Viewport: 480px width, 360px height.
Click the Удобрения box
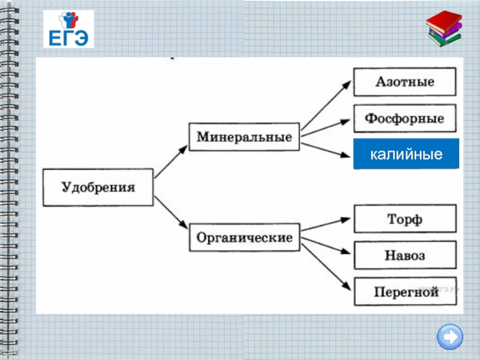pyautogui.click(x=98, y=188)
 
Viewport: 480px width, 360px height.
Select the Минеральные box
pyautogui.click(x=244, y=137)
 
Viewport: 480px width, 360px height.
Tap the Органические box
pyautogui.click(x=244, y=238)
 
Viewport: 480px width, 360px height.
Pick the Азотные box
pyautogui.click(x=404, y=82)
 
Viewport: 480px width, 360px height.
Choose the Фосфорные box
pyautogui.click(x=404, y=118)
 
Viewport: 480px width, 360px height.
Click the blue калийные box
pyautogui.click(x=406, y=154)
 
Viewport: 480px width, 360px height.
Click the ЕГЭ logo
pyautogui.click(x=68, y=29)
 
